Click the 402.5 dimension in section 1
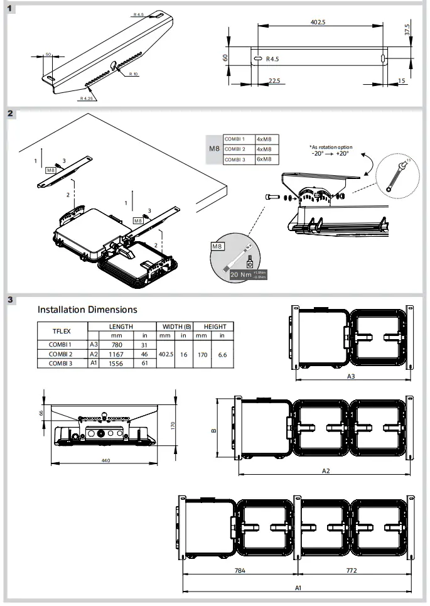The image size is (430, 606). point(318,22)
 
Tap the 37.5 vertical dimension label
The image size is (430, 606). point(407,30)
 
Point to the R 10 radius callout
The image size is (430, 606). point(132,74)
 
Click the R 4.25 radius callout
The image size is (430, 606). point(87,99)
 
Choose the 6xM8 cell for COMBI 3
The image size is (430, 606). point(264,160)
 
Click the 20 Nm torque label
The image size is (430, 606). point(242,274)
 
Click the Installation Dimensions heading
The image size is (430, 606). point(87,309)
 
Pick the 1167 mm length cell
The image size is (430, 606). point(116,354)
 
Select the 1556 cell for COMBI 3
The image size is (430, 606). point(116,363)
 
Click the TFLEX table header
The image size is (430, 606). point(62,331)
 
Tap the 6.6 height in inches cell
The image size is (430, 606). point(222,354)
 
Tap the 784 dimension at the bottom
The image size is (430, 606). point(240,571)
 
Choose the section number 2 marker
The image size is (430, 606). point(11,114)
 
